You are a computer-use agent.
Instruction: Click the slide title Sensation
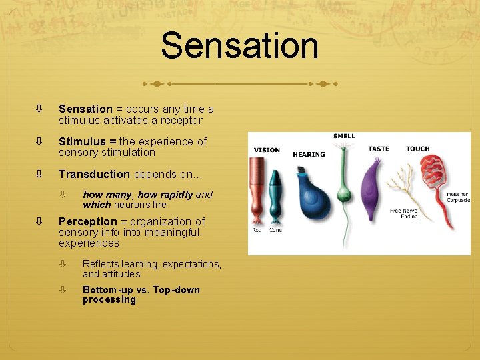tap(239, 46)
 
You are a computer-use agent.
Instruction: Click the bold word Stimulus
tap(82, 141)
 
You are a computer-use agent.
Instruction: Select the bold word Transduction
tap(94, 174)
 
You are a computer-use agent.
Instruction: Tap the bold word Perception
tap(87, 221)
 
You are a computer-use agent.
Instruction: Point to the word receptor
tap(180, 121)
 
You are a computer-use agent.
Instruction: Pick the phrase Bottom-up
tap(107, 290)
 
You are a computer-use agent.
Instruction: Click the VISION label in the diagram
tap(267, 150)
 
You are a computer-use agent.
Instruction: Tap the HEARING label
tap(309, 155)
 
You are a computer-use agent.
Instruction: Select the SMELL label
tap(344, 136)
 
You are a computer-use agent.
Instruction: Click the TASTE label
tap(379, 149)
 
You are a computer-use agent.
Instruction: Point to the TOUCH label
tap(417, 149)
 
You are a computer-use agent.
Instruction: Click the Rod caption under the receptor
tap(257, 230)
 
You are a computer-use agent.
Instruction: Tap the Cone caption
tap(275, 230)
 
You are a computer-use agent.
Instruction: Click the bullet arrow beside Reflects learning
tap(63, 264)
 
